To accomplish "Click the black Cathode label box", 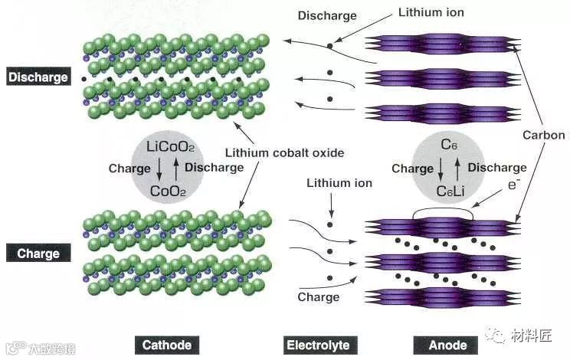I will point(166,345).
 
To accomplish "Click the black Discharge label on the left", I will point(38,77).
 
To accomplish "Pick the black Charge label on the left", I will point(38,253).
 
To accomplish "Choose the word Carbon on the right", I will point(543,136).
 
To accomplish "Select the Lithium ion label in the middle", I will point(339,184).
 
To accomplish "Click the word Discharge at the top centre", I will point(327,15).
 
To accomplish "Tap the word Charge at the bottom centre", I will point(318,296).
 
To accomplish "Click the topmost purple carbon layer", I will point(441,42).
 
